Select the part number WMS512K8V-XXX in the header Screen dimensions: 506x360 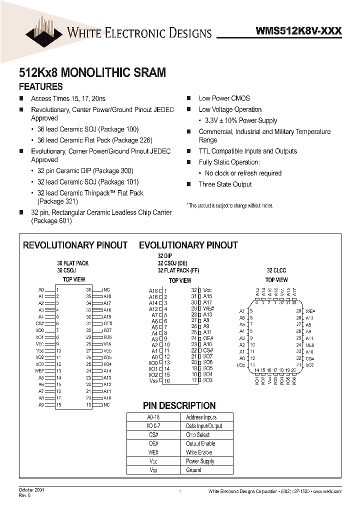coord(298,31)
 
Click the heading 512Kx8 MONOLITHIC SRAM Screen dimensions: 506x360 coord(92,72)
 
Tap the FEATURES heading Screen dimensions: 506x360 coord(40,86)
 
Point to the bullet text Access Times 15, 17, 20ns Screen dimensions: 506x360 coord(68,99)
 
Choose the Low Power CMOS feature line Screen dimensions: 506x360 coord(224,98)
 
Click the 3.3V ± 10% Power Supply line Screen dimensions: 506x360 coord(241,120)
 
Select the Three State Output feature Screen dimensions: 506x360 coord(225,184)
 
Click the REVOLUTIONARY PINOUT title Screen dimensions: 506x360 coord(75,245)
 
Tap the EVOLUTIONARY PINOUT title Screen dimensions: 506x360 coord(188,245)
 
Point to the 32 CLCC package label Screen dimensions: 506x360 coord(276,270)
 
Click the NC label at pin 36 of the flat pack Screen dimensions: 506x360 coord(106,289)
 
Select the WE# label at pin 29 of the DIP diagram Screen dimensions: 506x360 coord(208,309)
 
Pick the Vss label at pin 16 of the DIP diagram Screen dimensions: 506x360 coord(153,381)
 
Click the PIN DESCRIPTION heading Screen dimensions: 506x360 coord(179,405)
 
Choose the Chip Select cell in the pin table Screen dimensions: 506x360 coord(197,435)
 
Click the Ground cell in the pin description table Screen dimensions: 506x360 coord(193,470)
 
